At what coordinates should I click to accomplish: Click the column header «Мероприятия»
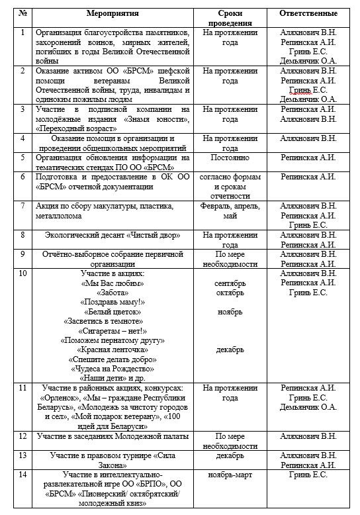(112, 13)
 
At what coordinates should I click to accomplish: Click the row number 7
(23, 206)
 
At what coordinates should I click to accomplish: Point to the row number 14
(23, 475)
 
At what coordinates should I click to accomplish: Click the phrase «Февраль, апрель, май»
(230, 211)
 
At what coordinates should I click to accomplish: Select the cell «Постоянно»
(230, 158)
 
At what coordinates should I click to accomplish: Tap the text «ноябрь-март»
(230, 475)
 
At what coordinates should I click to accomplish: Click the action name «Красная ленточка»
(112, 349)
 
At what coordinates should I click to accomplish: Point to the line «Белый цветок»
(112, 311)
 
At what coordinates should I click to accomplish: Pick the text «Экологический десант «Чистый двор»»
(112, 235)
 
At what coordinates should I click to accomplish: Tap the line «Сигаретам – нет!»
(112, 330)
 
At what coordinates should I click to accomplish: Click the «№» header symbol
(23, 13)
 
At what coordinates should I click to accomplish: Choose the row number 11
(23, 388)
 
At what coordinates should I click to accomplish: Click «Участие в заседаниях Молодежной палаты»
(113, 436)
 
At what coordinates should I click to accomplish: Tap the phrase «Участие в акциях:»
(112, 273)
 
